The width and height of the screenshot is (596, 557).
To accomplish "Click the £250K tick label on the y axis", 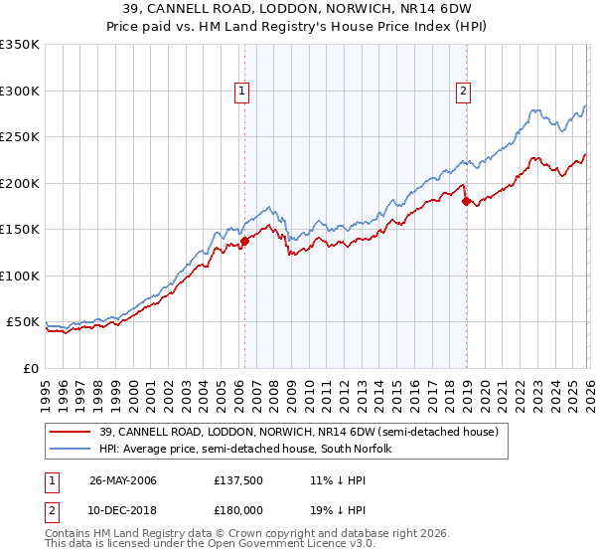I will (x=20, y=137).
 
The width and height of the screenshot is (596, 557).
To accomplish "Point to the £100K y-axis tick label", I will (x=20, y=277).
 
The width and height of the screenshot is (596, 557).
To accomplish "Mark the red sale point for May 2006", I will (x=244, y=241).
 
